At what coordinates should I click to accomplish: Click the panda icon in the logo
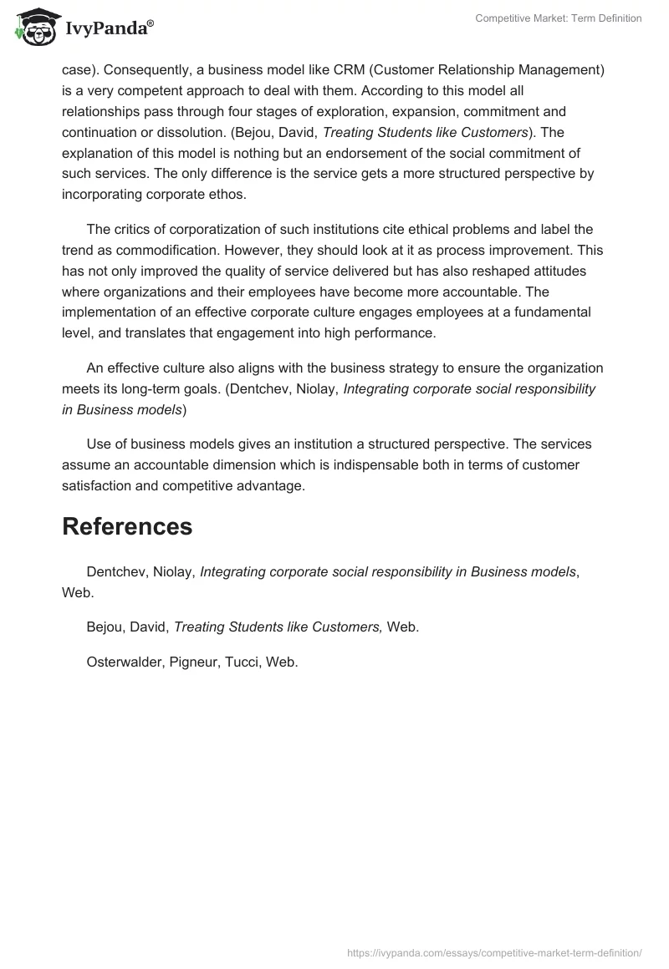[34, 27]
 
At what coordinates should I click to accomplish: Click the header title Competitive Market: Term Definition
[558, 18]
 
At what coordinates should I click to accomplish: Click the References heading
[127, 526]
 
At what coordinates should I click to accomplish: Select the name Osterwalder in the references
[124, 662]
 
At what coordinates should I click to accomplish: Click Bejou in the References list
[106, 627]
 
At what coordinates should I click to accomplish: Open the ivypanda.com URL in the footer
[493, 952]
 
